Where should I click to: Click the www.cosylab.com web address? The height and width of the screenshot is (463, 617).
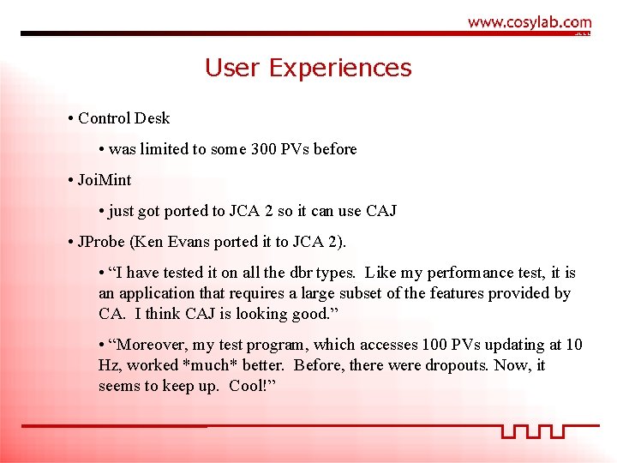click(530, 22)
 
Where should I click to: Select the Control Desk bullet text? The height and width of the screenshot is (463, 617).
click(124, 118)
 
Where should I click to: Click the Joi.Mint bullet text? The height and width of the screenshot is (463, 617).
click(105, 180)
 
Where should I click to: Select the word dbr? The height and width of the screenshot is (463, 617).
click(300, 273)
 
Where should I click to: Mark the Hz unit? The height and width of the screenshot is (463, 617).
click(108, 365)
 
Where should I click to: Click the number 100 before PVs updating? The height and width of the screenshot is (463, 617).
click(433, 345)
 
